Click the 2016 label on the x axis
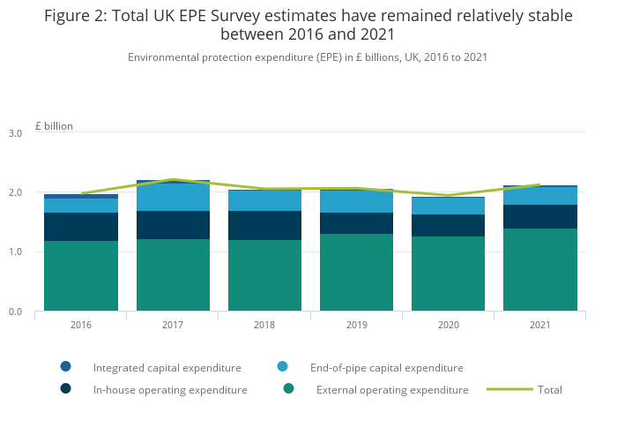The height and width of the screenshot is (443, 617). click(x=81, y=325)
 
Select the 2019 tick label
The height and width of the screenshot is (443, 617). click(x=356, y=325)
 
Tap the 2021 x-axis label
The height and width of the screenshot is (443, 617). click(x=539, y=325)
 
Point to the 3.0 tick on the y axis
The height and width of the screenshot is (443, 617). click(x=15, y=133)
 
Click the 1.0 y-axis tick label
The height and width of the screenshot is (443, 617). click(x=15, y=252)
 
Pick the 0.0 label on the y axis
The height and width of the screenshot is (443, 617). click(x=15, y=312)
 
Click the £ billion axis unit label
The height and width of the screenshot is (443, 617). click(x=54, y=126)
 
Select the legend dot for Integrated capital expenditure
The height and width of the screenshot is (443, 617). click(x=65, y=366)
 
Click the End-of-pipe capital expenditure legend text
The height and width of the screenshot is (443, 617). click(x=386, y=367)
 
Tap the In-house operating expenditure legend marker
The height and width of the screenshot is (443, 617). click(x=65, y=388)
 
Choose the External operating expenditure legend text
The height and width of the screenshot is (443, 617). click(x=392, y=389)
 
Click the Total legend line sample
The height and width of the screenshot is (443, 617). click(x=509, y=389)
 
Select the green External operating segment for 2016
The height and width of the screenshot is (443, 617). click(x=81, y=275)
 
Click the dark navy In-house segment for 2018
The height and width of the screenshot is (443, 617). click(x=264, y=225)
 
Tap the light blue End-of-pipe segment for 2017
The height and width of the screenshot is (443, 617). click(x=173, y=197)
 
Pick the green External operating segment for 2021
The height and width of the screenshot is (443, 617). click(x=539, y=269)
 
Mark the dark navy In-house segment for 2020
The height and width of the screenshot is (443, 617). click(x=448, y=225)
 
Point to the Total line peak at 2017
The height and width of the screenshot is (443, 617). click(x=173, y=179)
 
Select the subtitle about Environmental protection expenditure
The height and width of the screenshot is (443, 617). click(x=308, y=57)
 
